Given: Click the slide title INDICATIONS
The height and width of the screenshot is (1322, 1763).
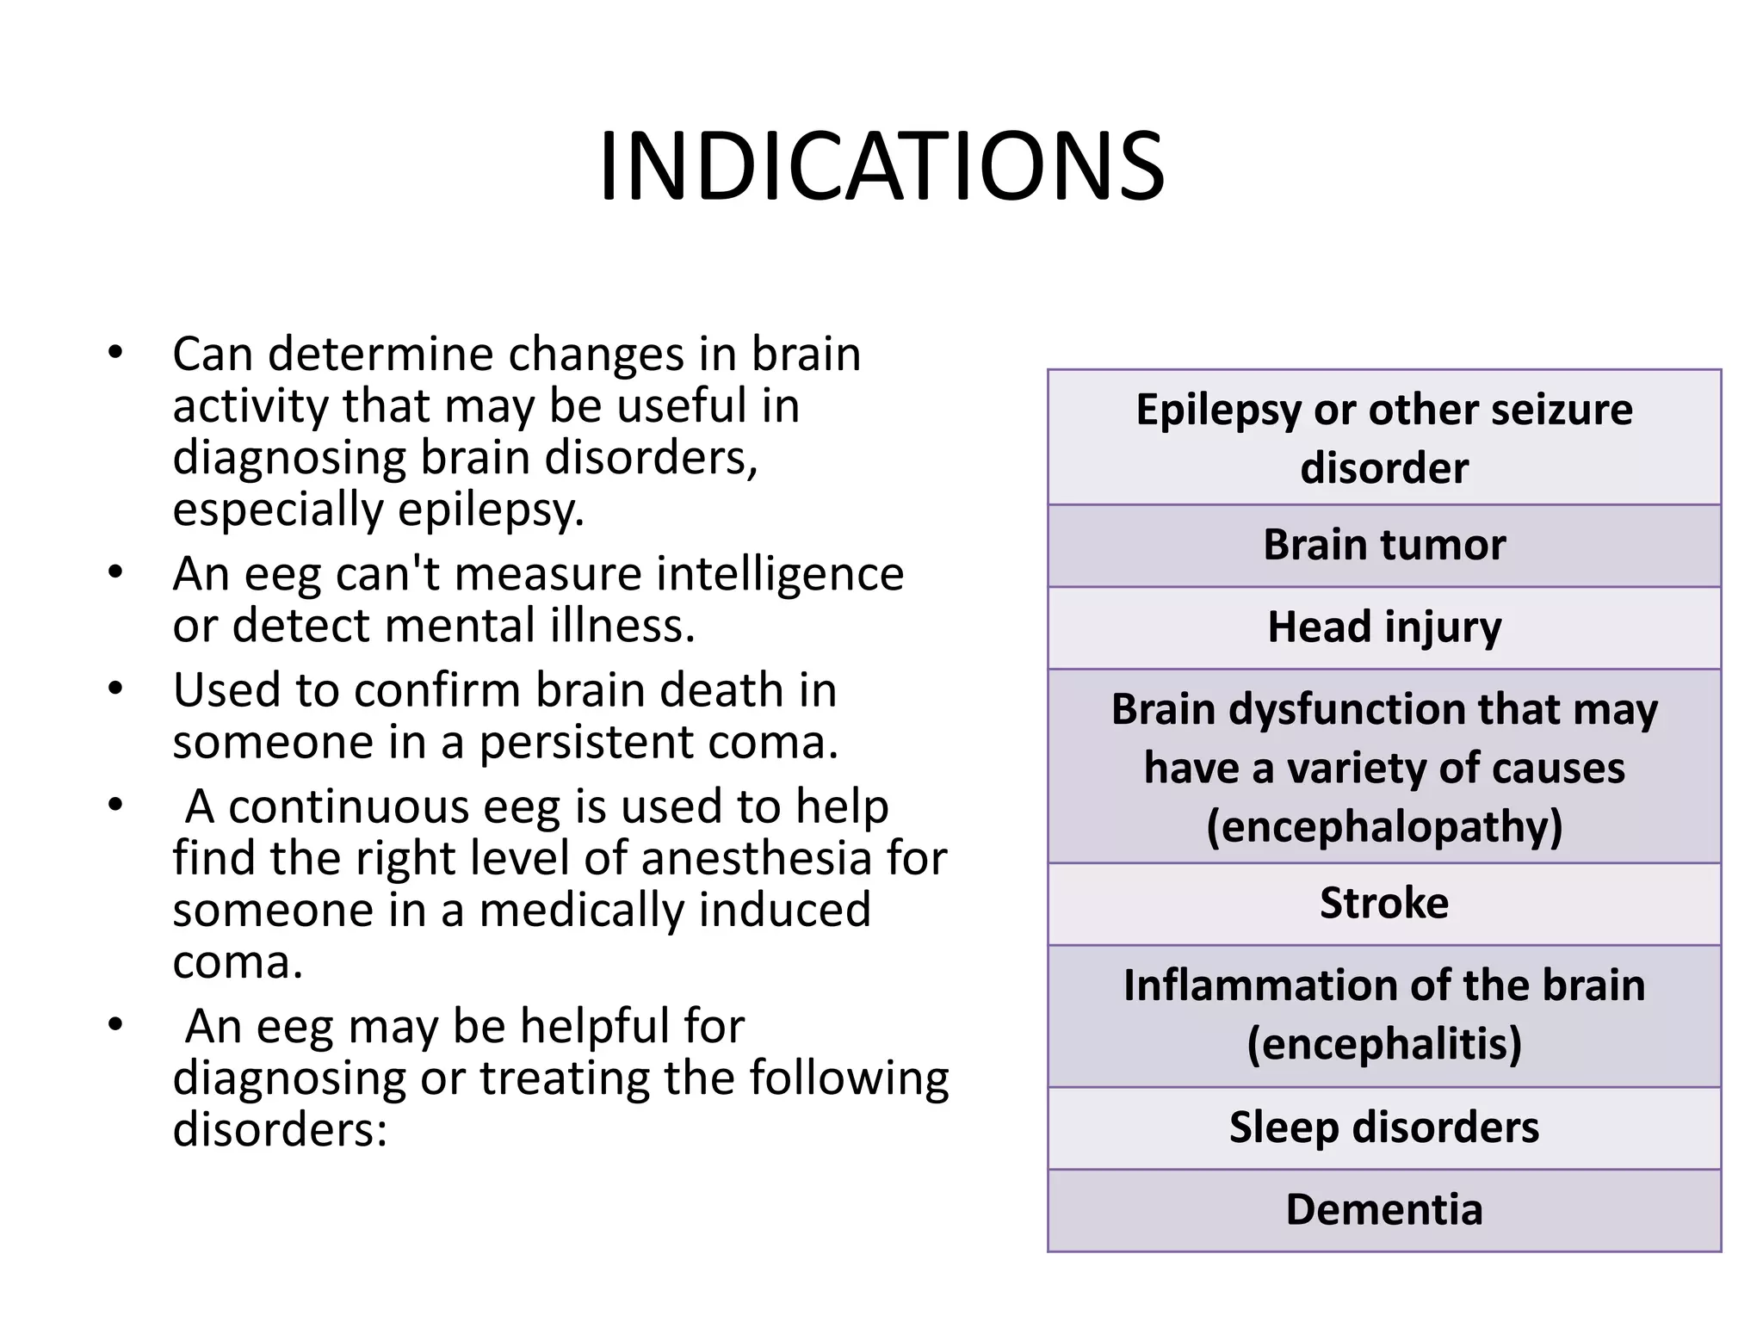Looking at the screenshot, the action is [x=881, y=167].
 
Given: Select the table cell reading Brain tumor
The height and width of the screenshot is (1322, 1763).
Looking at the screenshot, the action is [x=1384, y=545].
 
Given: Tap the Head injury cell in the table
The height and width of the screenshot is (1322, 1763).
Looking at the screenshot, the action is [x=1384, y=627].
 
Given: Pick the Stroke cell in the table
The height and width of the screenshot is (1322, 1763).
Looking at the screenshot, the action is [x=1384, y=903].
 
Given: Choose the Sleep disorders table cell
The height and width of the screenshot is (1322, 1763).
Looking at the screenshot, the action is [x=1384, y=1127].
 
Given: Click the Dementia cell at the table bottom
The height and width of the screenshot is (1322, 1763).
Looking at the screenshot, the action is [x=1384, y=1209].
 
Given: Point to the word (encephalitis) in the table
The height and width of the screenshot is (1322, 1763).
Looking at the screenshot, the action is [x=1384, y=1044].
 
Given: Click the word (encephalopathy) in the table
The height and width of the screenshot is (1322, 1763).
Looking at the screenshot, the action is [x=1384, y=826].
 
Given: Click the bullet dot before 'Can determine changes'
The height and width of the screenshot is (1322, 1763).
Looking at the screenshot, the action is [x=116, y=353].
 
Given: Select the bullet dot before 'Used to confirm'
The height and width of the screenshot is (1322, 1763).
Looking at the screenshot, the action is [x=116, y=689].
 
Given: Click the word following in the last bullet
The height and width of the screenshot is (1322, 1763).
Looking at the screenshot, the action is [x=849, y=1078].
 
